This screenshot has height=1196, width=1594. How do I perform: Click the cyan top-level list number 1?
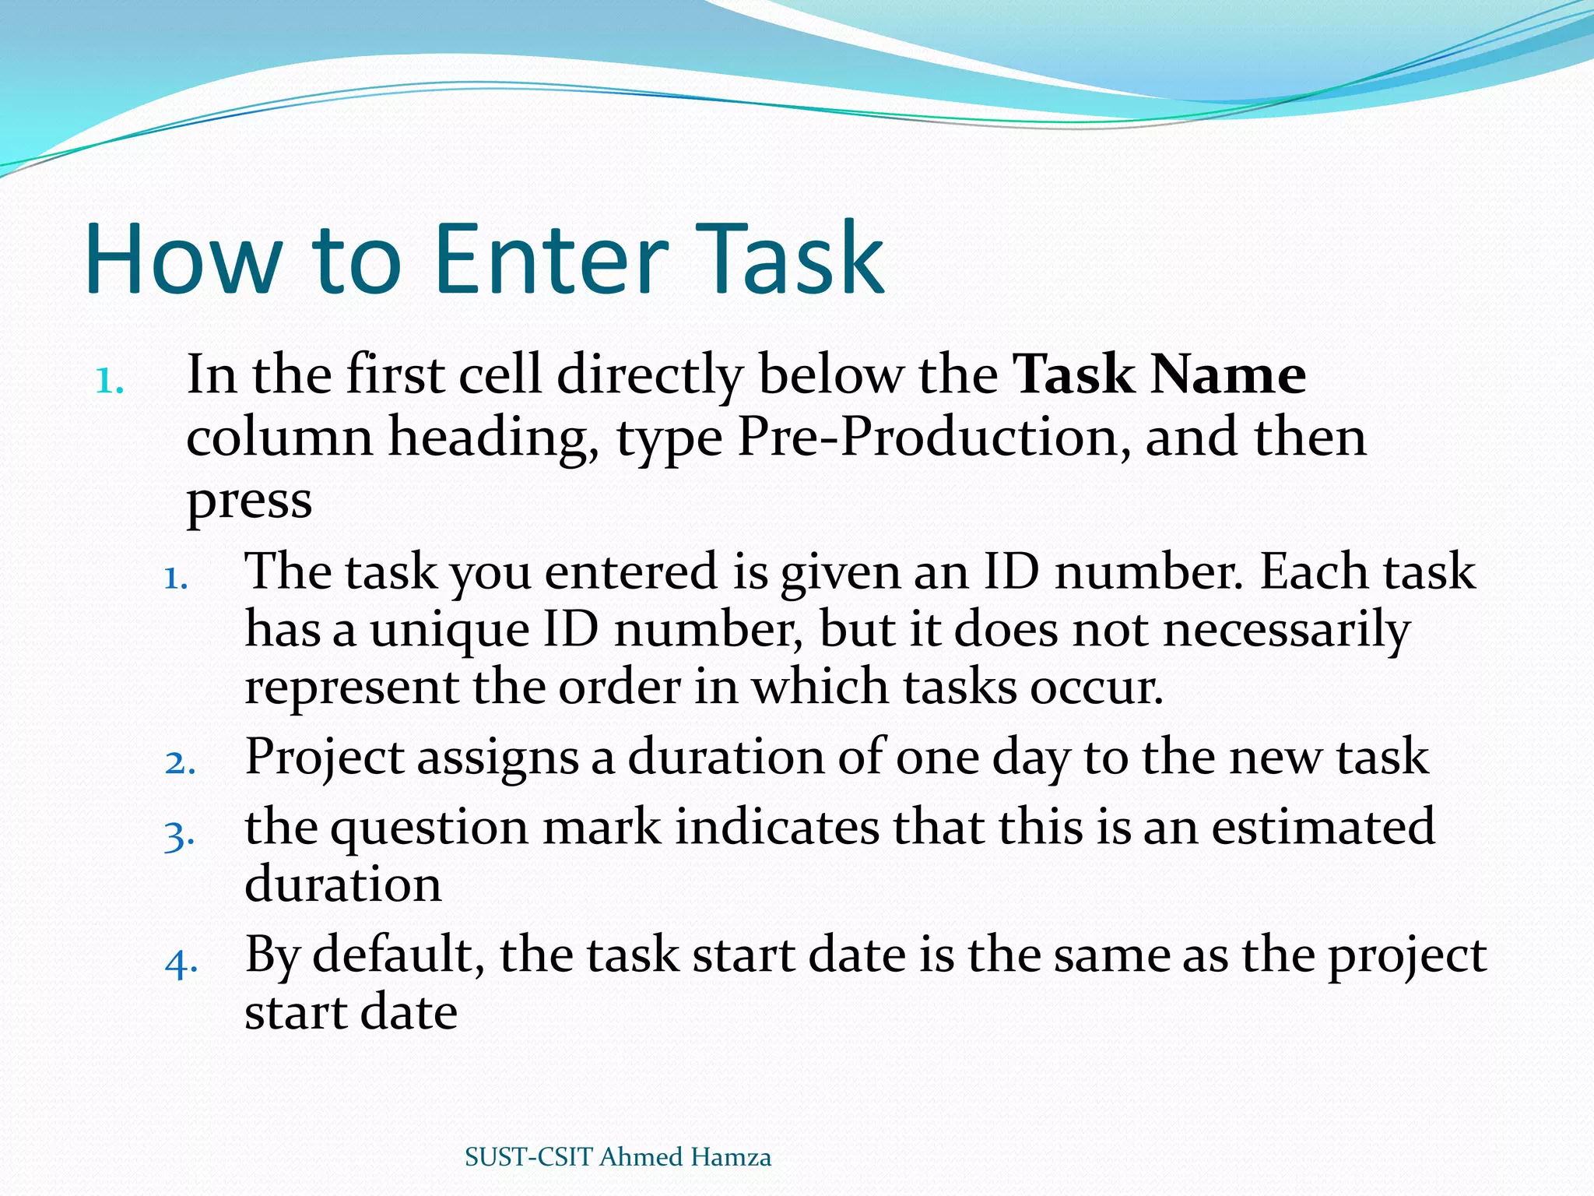coord(109,382)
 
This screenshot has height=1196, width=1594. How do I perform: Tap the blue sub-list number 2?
coord(180,763)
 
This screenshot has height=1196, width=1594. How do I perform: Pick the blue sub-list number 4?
coord(181,963)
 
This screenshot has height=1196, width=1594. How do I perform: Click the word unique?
coord(449,631)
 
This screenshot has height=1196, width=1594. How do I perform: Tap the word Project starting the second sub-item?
coord(324,758)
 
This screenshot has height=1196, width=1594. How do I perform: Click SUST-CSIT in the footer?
coord(528,1158)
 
